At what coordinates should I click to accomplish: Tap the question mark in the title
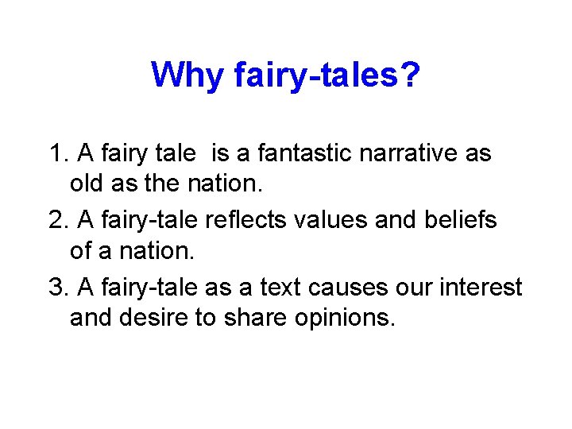[x=411, y=75]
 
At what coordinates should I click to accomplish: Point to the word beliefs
[x=463, y=220]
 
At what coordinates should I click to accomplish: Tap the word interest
[x=488, y=287]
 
